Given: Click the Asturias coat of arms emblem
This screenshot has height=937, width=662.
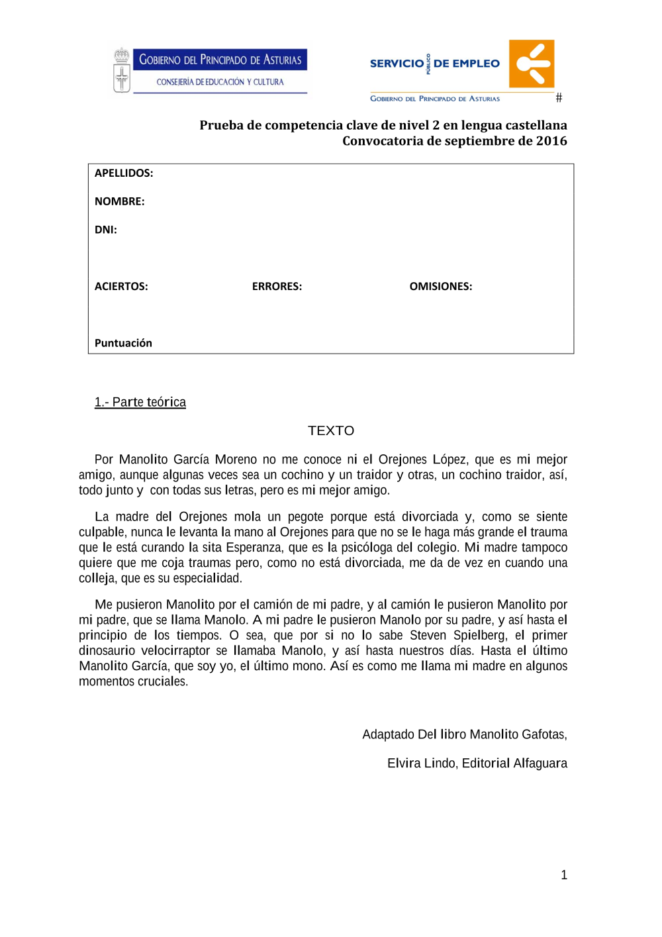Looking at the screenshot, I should click(121, 70).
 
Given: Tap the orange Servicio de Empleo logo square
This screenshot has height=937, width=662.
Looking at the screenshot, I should click(532, 64).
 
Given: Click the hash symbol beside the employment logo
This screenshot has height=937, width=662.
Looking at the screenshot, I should click(559, 98).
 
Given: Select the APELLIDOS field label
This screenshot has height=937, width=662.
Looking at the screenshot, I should click(124, 173).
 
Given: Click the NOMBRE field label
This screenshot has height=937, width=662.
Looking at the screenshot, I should click(119, 201).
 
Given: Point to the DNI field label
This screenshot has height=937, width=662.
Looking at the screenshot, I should click(106, 230).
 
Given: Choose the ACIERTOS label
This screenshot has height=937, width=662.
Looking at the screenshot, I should click(121, 286).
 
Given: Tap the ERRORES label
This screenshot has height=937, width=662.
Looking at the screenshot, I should click(277, 286).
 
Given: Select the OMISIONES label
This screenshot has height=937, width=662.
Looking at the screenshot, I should click(441, 286).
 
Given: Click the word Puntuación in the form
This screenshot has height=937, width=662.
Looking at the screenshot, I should click(123, 343).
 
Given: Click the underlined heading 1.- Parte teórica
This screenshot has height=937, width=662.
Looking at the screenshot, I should click(140, 402).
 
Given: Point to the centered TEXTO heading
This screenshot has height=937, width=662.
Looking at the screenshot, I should click(331, 430).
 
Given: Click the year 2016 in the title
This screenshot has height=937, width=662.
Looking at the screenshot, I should click(551, 140).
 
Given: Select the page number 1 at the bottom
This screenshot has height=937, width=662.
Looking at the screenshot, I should click(564, 875).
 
